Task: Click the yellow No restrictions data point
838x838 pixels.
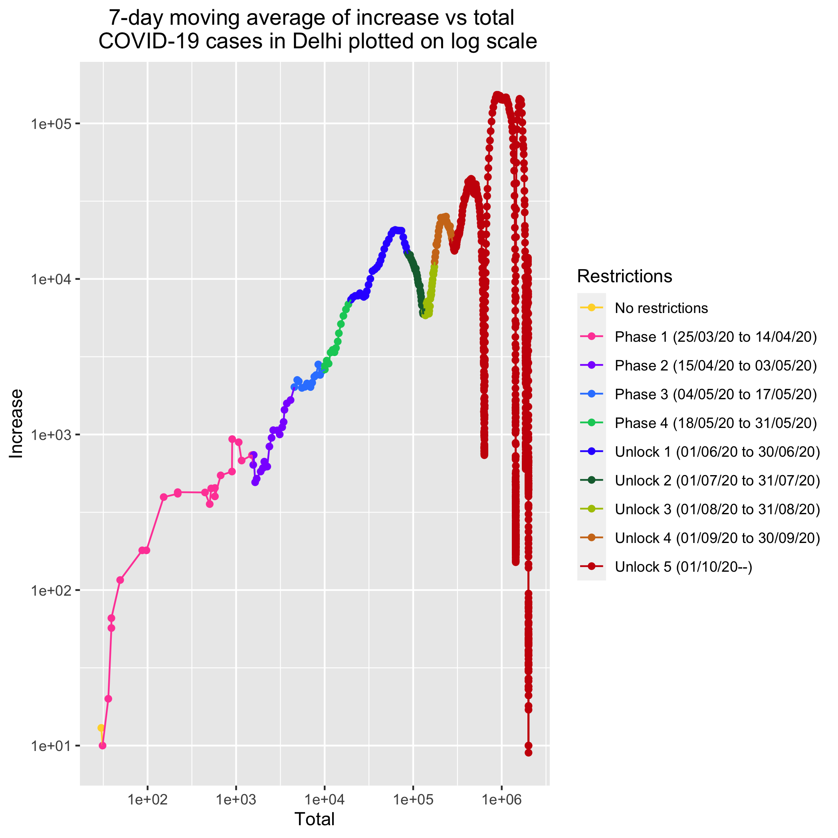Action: [101, 727]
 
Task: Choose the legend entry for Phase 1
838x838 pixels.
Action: [716, 337]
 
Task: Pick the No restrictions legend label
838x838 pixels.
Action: [662, 308]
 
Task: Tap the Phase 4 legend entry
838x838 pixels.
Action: [716, 423]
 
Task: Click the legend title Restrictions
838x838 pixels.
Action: [624, 276]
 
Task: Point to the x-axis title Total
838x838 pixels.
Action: [315, 819]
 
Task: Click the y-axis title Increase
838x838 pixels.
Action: [16, 423]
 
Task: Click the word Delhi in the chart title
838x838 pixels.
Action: [318, 42]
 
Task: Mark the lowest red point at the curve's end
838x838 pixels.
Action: [528, 753]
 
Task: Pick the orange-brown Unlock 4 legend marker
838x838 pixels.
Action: [591, 538]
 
